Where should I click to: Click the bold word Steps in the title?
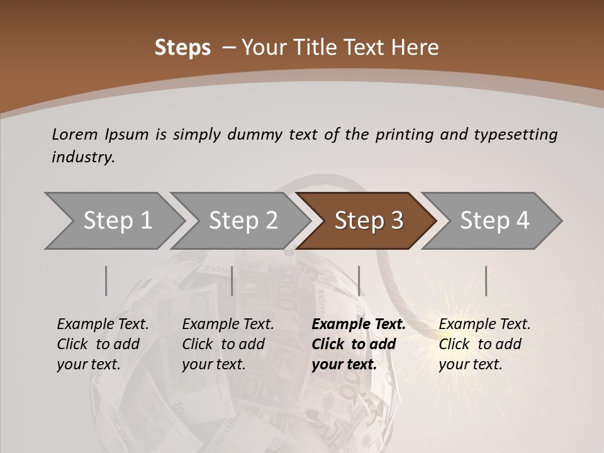pos(182,48)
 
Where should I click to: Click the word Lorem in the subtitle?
pos(75,135)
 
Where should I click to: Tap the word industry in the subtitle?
pos(83,157)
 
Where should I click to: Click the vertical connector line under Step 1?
pos(106,281)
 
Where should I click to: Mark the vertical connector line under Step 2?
pos(232,281)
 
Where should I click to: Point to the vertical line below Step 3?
pos(359,281)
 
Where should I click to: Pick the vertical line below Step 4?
pos(486,281)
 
